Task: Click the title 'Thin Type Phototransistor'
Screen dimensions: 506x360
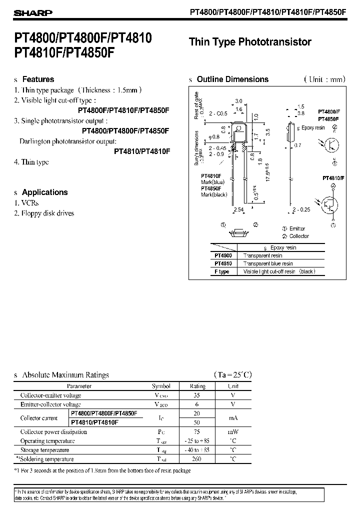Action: point(250,42)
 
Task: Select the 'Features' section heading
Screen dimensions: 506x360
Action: point(38,79)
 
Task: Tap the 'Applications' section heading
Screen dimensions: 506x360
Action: point(44,192)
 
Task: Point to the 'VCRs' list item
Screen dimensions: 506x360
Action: point(30,203)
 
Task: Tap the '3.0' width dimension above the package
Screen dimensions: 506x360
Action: point(238,101)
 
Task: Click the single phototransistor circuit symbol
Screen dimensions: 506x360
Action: point(332,144)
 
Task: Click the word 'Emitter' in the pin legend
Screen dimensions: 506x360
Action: point(298,229)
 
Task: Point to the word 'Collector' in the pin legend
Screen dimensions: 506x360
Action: point(299,236)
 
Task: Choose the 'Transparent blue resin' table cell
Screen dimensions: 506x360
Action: point(268,263)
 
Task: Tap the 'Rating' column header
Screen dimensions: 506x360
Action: point(197,386)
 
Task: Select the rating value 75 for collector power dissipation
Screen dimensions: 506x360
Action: point(197,431)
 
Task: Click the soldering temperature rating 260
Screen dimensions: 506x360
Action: point(197,458)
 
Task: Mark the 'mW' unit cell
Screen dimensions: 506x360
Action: point(233,431)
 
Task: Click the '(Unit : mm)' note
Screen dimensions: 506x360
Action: point(324,79)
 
